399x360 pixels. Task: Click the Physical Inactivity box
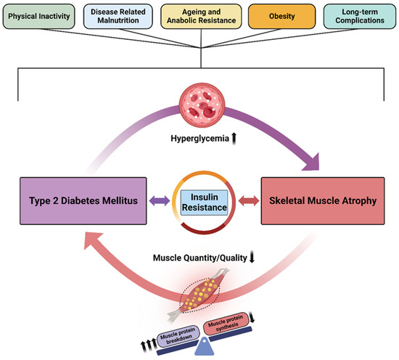coord(41,17)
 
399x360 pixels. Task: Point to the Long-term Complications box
coord(357,17)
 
